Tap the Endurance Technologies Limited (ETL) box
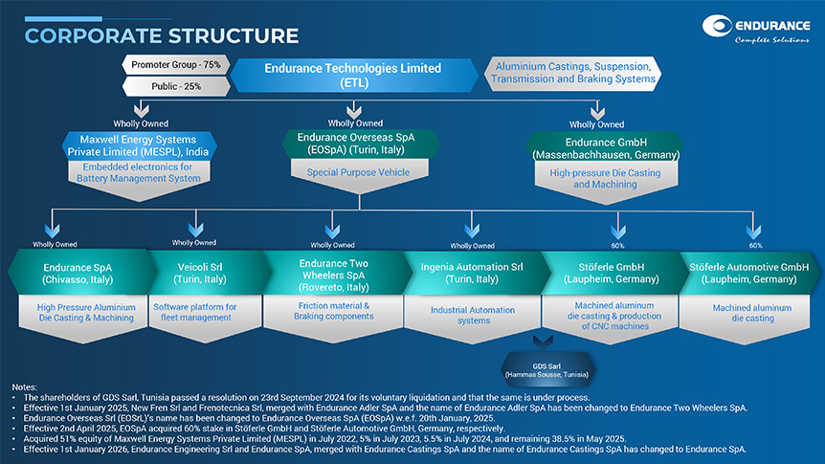(x=352, y=76)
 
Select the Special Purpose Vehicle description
(x=357, y=172)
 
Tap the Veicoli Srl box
(x=202, y=272)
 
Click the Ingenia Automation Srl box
(x=472, y=272)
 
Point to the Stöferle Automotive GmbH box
(x=749, y=272)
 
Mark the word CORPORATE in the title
(x=92, y=35)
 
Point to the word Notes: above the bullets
(x=17, y=387)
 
